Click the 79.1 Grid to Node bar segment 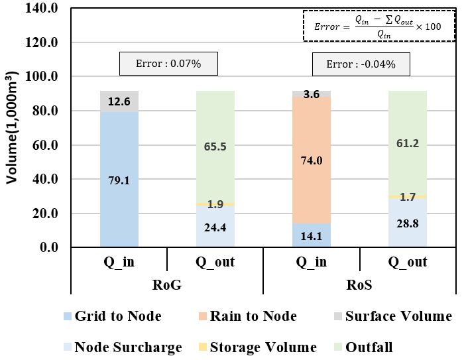pyautogui.click(x=119, y=179)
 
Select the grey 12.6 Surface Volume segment pyautogui.click(x=119, y=101)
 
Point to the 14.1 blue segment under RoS pyautogui.click(x=312, y=236)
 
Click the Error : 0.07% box pyautogui.click(x=169, y=64)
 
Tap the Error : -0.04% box pyautogui.click(x=361, y=64)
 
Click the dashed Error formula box pyautogui.click(x=378, y=26)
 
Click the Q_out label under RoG pyautogui.click(x=215, y=262)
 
